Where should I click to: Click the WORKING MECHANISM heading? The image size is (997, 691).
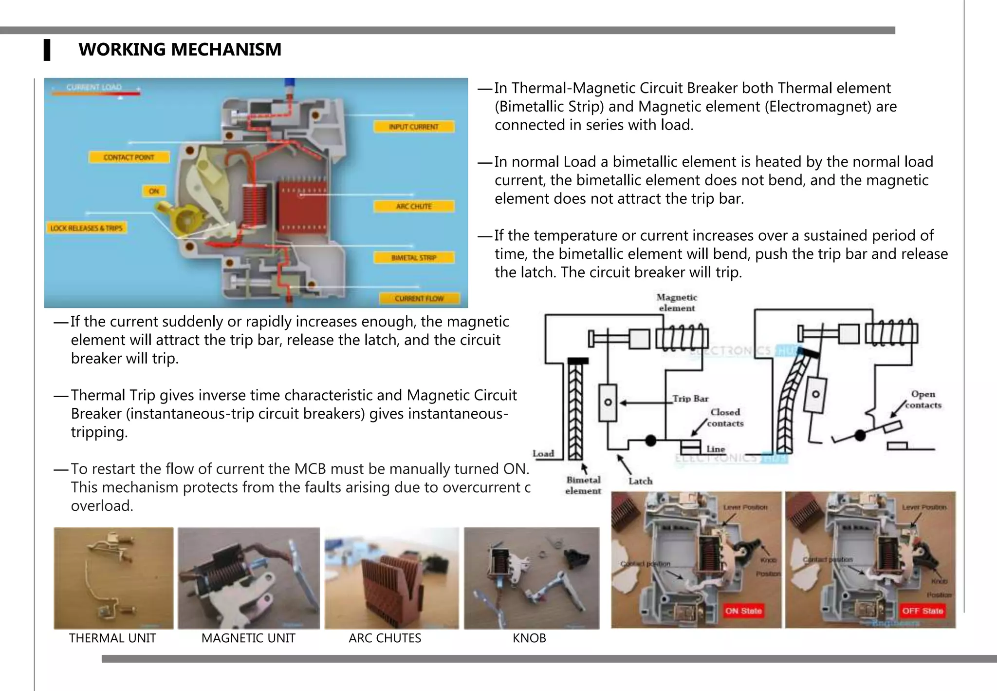pos(180,50)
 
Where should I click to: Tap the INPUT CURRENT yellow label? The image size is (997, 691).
pos(413,127)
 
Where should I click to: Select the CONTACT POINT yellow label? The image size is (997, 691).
pos(129,157)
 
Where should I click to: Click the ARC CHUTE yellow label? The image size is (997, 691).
pos(413,206)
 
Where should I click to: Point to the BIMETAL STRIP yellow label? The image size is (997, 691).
pos(413,258)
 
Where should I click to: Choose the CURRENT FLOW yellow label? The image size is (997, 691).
pos(419,298)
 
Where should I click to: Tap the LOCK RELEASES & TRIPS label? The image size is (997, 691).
pos(86,228)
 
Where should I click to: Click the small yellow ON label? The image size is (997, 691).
pos(154,191)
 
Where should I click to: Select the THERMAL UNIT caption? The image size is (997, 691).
pos(112,638)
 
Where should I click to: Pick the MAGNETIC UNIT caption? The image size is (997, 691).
pos(248,638)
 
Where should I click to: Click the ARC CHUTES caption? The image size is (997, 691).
pos(385,638)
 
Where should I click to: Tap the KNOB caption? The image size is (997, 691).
pos(529,638)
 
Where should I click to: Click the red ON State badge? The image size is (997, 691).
pos(743,611)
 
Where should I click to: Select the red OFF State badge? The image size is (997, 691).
pos(922,611)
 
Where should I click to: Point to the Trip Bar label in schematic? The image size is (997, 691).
pos(690,399)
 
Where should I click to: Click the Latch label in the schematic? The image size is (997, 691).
pos(640,481)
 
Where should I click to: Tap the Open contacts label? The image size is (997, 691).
pos(923,400)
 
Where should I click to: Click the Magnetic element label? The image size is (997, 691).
pos(677,303)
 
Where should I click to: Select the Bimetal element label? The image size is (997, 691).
pos(583,485)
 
